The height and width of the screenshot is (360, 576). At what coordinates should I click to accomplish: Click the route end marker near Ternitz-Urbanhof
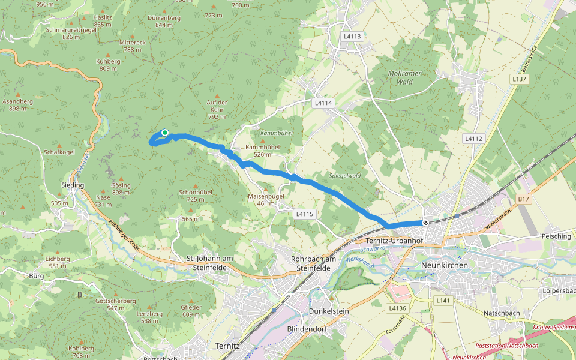[x=425, y=223]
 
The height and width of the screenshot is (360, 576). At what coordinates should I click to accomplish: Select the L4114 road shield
[x=323, y=103]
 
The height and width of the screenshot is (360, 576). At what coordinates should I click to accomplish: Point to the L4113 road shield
[x=353, y=37]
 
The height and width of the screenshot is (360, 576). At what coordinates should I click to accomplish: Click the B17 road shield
[x=523, y=199]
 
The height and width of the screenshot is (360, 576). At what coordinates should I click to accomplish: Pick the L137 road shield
[x=520, y=79]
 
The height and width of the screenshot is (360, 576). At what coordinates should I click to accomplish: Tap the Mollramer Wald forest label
[x=404, y=77]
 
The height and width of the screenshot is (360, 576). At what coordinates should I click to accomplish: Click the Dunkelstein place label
[x=328, y=311]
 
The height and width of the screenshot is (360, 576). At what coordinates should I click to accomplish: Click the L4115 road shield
[x=305, y=214]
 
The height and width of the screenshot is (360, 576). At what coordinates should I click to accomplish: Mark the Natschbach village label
[x=502, y=313]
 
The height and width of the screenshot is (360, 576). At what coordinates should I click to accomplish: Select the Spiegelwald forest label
[x=345, y=176]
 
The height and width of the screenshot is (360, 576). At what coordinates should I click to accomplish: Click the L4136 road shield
[x=397, y=308]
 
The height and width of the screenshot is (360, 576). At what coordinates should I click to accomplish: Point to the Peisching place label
[x=556, y=236]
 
